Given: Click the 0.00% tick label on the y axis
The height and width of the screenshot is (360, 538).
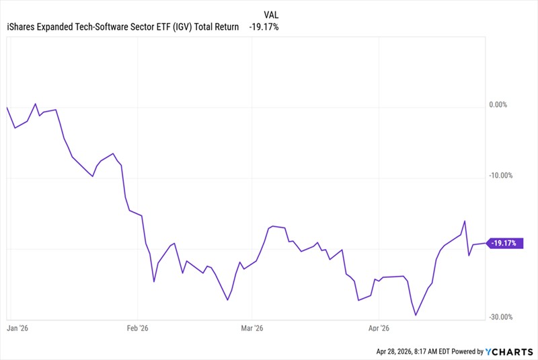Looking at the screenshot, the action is tap(498, 105).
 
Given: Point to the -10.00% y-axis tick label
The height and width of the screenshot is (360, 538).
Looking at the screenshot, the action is tap(500, 176).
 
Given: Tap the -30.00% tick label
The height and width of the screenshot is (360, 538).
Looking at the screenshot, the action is tap(500, 317).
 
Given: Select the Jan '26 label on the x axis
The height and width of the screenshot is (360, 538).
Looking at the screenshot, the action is tap(17, 328).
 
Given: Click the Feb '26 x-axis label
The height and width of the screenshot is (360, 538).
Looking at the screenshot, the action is tap(137, 328).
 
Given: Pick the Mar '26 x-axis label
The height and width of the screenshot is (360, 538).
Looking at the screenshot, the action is tap(252, 328).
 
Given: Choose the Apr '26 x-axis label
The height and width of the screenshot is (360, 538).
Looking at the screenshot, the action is tap(379, 328).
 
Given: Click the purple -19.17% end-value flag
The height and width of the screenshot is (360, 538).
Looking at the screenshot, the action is tap(505, 243).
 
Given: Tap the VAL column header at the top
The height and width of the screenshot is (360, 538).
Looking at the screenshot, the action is tap(271, 15).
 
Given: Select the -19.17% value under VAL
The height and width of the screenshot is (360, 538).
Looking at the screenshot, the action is tap(264, 27).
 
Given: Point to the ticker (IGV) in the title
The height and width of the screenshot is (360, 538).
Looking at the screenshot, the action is tap(182, 27).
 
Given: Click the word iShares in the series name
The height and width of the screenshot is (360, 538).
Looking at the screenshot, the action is tap(21, 27).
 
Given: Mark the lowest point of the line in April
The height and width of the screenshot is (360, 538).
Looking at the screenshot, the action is tap(416, 315).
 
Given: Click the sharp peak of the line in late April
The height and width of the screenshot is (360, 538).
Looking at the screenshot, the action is tap(465, 221).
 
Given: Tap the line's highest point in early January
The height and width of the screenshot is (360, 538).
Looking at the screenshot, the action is tap(36, 104).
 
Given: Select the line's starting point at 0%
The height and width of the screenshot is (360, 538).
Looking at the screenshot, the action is tap(7, 108).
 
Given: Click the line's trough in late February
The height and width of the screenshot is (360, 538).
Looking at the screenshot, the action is tap(227, 300).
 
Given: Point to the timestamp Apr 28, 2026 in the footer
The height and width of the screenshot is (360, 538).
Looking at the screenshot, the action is tap(394, 351).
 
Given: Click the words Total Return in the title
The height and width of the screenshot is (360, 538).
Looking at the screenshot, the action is tap(217, 27).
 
